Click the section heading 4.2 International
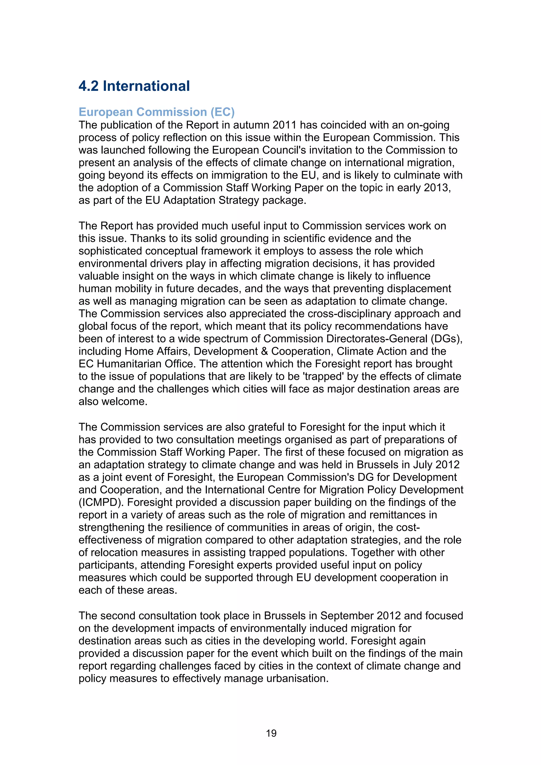(134, 86)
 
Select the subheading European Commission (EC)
(157, 112)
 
